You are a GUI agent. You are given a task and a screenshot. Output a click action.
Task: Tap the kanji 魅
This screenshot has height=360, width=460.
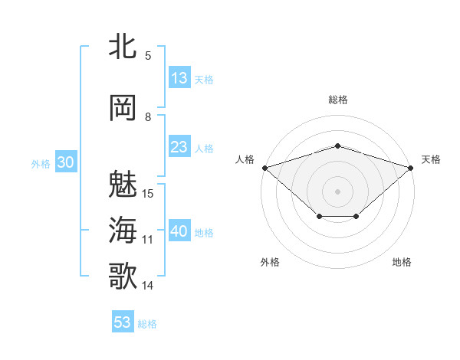(123, 184)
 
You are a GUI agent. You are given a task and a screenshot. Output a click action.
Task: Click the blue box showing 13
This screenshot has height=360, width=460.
(179, 78)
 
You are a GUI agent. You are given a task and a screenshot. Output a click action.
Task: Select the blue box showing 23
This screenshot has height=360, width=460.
(179, 147)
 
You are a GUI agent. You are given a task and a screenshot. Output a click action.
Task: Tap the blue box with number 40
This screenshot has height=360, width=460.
(179, 231)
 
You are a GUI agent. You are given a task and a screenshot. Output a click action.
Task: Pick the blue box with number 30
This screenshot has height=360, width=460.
(64, 162)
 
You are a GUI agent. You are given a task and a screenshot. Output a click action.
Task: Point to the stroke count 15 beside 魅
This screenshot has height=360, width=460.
(149, 193)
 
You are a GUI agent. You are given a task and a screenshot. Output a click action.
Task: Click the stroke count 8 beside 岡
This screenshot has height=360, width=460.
(148, 116)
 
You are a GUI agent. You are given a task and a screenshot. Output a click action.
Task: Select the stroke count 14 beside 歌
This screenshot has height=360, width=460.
(148, 286)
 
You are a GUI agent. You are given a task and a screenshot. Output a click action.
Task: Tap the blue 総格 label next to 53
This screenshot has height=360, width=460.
(147, 324)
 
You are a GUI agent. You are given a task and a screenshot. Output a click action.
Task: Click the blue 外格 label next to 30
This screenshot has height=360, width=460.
(41, 163)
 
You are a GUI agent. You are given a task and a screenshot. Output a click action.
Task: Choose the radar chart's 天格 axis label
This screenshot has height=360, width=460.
(431, 159)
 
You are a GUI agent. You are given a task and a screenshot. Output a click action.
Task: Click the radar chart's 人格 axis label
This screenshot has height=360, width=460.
(245, 159)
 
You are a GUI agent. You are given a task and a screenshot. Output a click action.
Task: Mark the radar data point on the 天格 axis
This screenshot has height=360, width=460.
(411, 167)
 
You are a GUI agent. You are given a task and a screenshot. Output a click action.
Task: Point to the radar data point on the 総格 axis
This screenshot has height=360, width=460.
(337, 146)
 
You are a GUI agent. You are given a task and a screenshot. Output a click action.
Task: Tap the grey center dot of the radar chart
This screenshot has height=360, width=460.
(337, 191)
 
